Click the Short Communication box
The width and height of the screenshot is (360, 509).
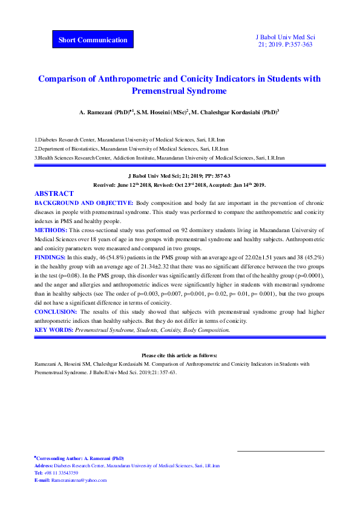tap(93, 40)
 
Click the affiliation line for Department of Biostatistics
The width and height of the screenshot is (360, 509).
tap(131, 148)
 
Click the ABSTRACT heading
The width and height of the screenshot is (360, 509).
tap(54, 193)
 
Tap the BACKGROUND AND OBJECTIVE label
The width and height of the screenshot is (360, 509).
tap(84, 204)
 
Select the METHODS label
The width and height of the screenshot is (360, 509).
tap(51, 230)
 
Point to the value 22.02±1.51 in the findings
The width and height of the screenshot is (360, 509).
tap(242, 257)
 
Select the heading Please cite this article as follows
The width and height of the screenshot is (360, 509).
tap(179, 355)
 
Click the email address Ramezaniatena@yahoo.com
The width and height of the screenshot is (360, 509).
tap(79, 480)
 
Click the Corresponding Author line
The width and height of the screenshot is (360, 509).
tap(80, 459)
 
